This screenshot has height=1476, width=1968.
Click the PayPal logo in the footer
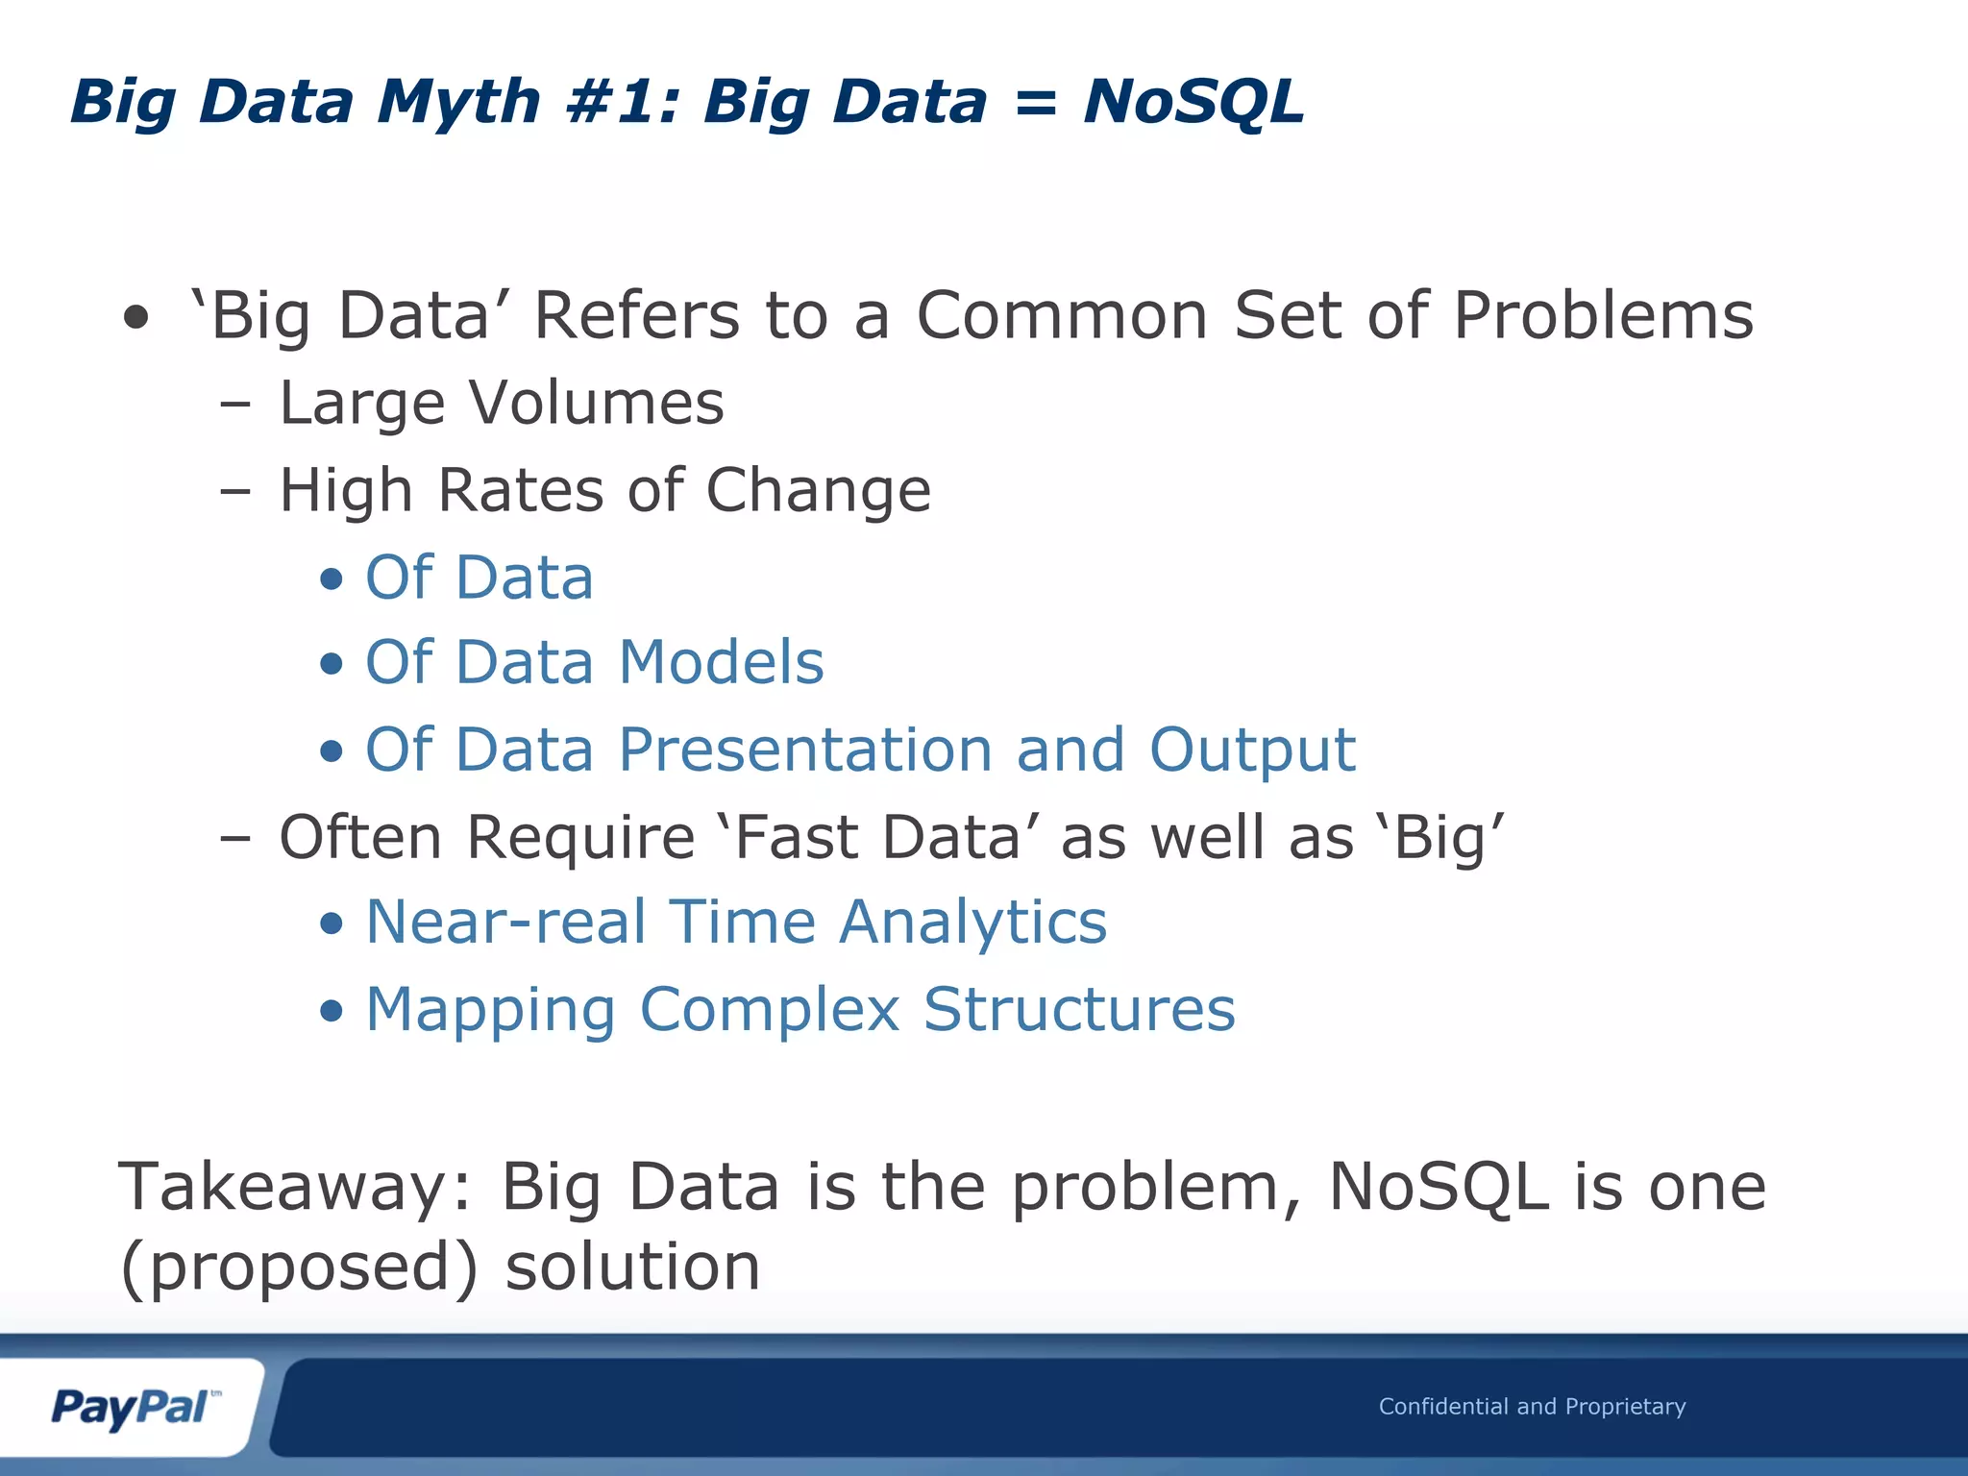pos(133,1408)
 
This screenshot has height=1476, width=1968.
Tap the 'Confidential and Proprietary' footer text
pos(1532,1407)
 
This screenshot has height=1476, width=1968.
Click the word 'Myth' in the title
pos(458,102)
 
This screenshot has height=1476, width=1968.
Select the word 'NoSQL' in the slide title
pos(1193,102)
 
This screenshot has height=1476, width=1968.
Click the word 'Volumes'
pos(596,403)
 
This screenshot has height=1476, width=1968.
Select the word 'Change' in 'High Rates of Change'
pos(818,491)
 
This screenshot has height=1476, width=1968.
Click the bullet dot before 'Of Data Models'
pos(332,664)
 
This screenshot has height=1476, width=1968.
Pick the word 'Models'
pos(721,663)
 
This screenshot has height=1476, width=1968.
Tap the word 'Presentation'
pos(805,750)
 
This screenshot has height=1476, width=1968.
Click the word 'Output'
pos(1252,750)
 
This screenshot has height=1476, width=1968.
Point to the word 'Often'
pos(360,837)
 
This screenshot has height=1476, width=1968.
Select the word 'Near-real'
pos(506,922)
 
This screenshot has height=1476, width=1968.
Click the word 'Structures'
pos(1079,1010)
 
